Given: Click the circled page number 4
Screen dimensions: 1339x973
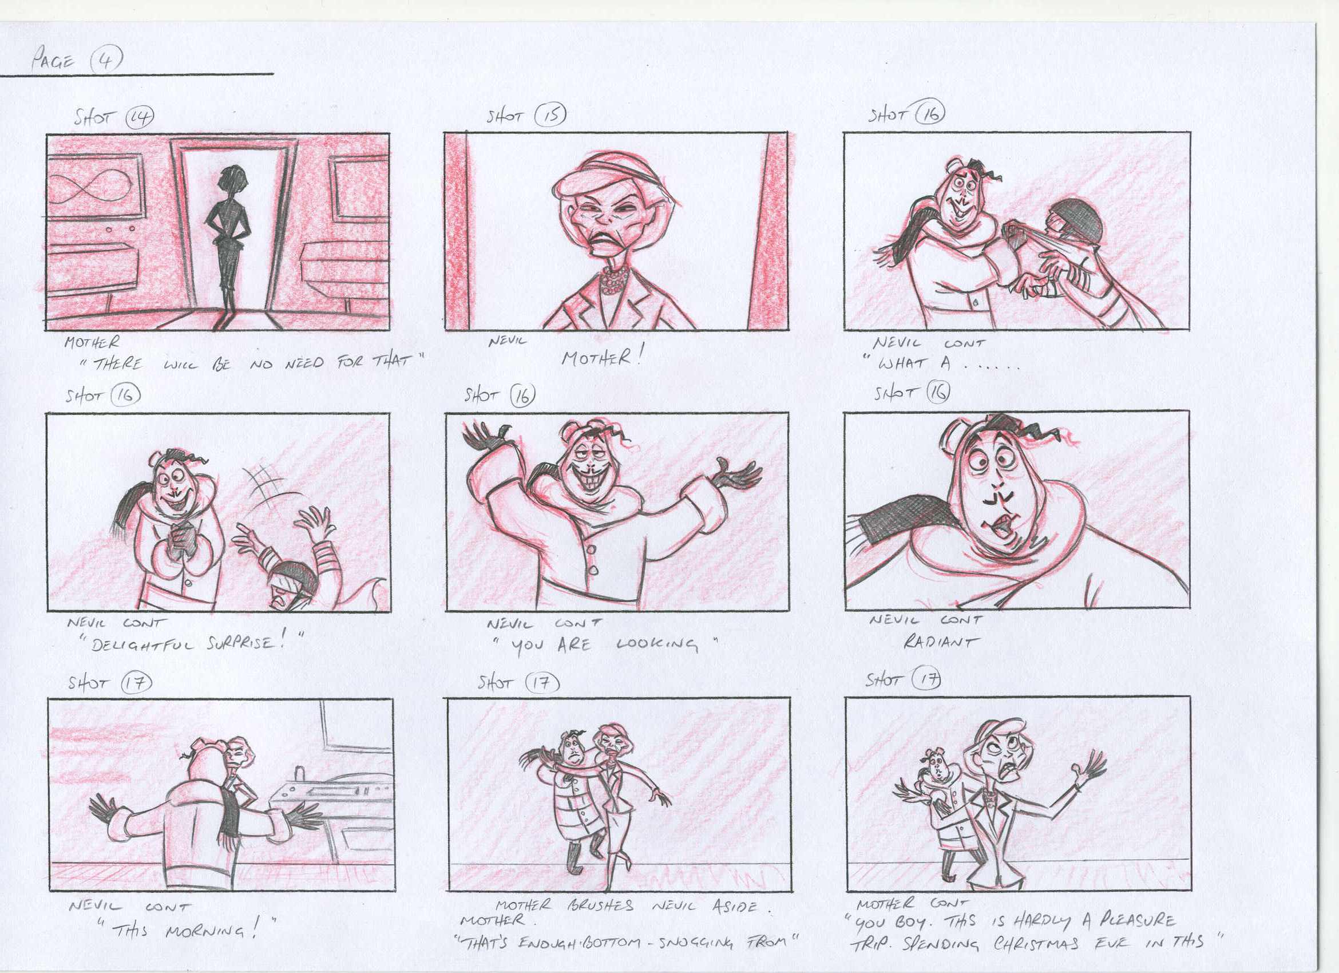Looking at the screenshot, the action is [x=106, y=60].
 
